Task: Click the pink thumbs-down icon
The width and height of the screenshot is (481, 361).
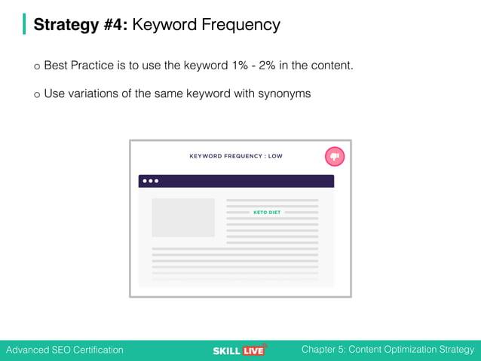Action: (335, 156)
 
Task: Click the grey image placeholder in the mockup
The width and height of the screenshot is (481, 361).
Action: (183, 218)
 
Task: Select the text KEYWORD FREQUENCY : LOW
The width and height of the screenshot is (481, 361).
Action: (236, 156)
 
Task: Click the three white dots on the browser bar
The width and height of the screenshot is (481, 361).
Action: (151, 181)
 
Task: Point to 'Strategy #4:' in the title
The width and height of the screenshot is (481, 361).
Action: (81, 25)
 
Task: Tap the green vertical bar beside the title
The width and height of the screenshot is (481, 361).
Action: (24, 24)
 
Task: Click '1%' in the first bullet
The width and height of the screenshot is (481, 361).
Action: (238, 66)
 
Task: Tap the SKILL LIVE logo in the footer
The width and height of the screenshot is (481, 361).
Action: (240, 350)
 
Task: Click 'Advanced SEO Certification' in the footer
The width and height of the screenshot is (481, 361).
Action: (65, 350)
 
